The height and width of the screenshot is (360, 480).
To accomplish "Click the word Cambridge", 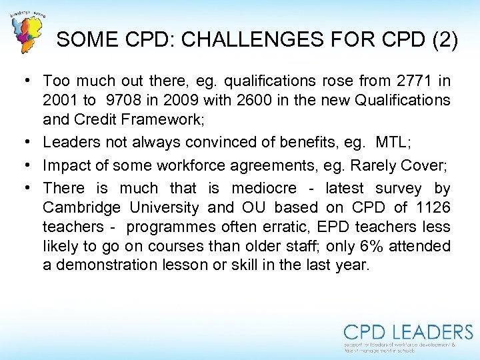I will tap(82, 208).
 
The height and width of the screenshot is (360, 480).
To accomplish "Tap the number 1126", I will tap(433, 208).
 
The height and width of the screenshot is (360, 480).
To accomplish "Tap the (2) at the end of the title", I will tap(443, 41).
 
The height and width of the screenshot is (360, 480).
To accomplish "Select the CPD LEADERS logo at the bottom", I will tap(408, 337).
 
